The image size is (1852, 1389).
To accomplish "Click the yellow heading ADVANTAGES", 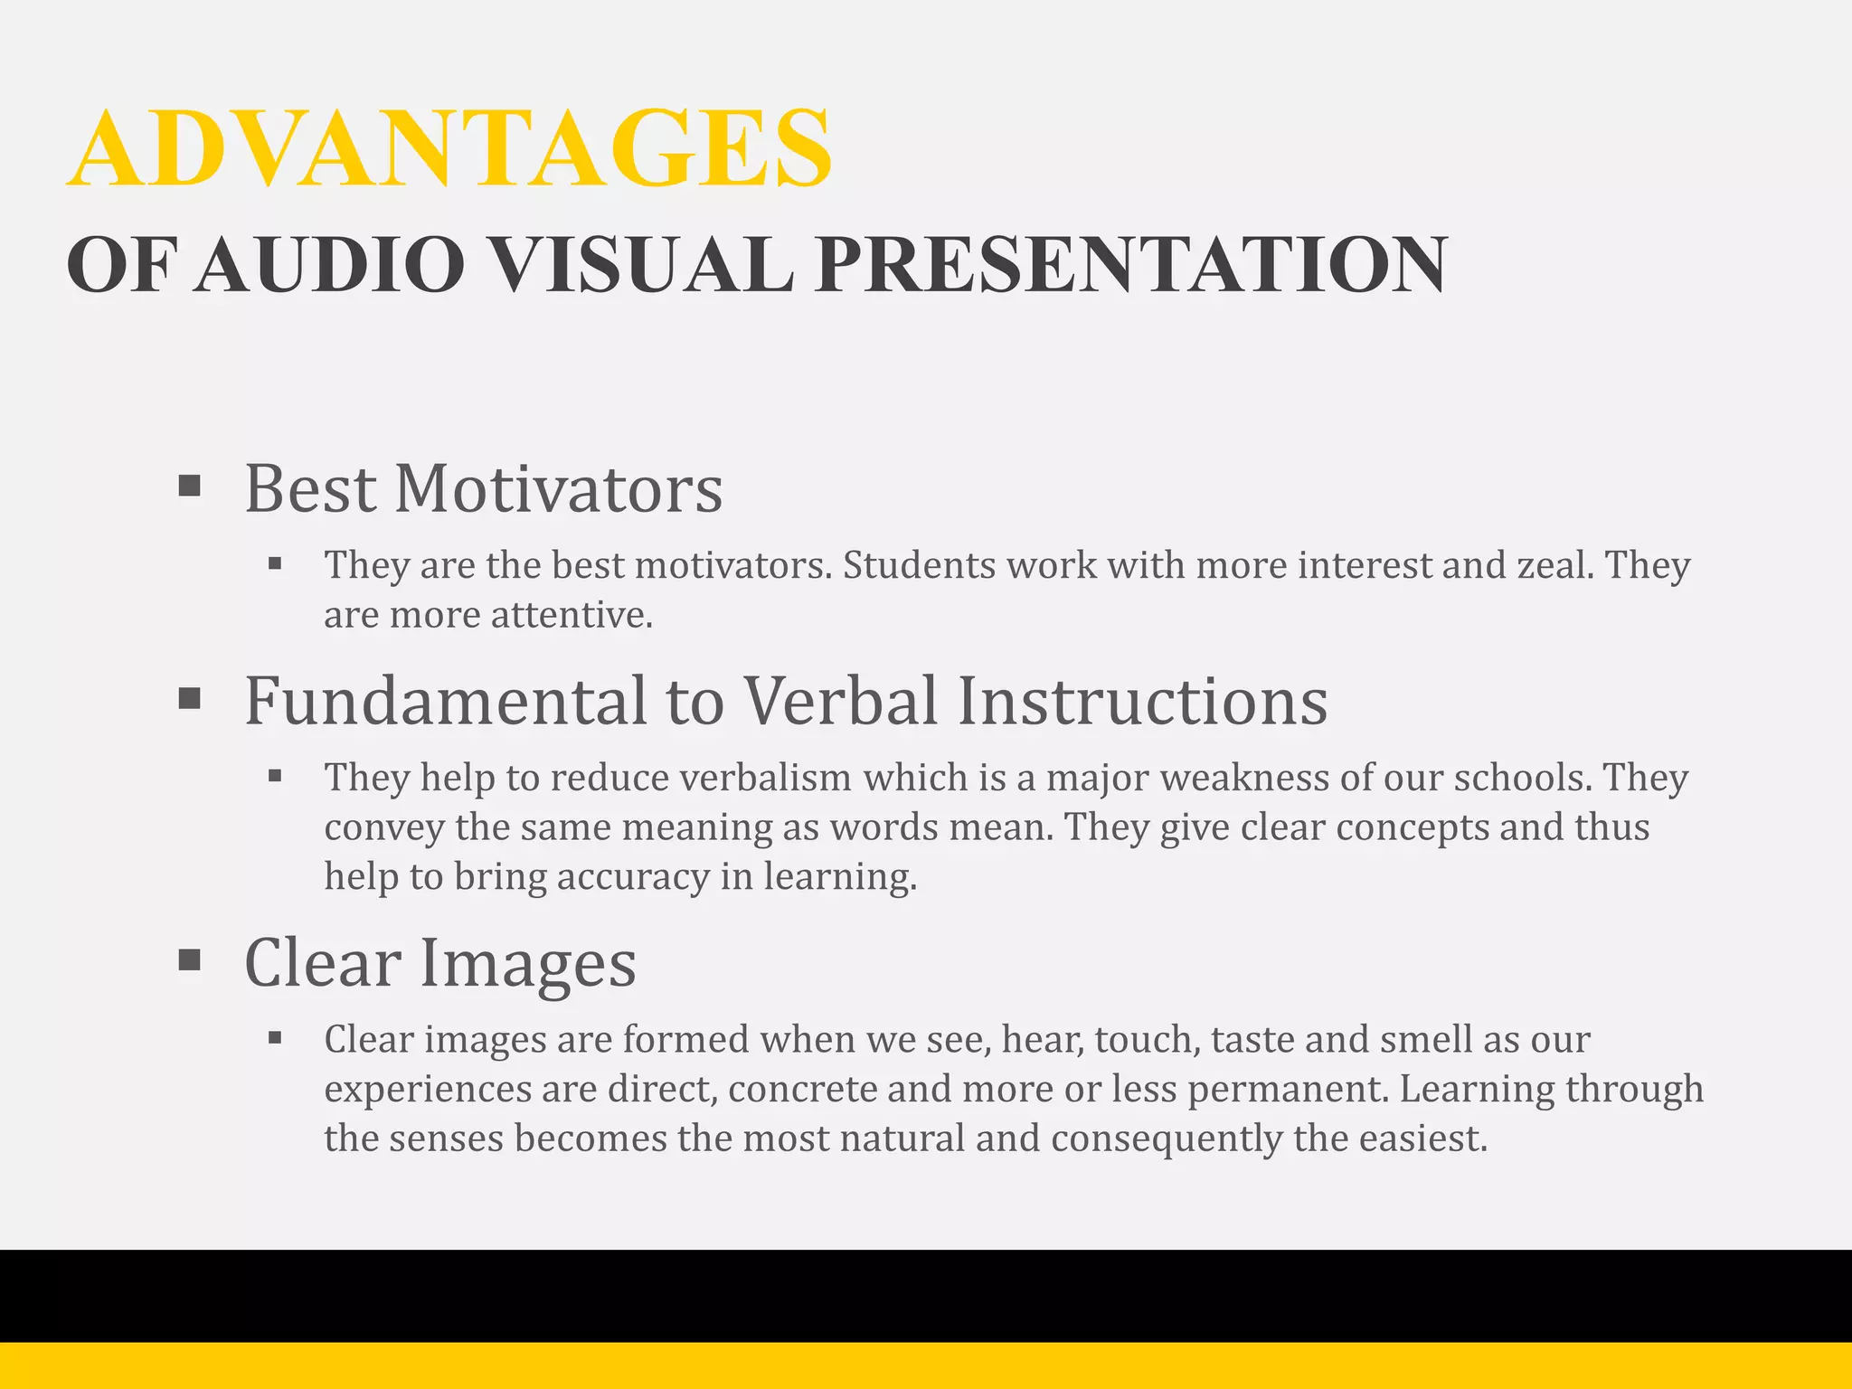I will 449,149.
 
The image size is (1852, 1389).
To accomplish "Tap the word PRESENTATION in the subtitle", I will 1130,264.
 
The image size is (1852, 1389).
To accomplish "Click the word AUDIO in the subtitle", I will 330,264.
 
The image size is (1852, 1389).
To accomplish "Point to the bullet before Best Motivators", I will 189,487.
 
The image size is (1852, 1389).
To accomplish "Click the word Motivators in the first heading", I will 558,489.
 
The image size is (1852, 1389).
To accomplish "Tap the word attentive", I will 571,615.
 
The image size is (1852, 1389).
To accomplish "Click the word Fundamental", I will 446,701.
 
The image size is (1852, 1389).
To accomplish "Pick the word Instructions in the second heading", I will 1142,701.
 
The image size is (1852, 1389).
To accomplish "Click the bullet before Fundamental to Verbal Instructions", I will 189,698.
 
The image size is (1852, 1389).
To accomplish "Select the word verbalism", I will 765,778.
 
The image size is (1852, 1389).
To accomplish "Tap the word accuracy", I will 633,877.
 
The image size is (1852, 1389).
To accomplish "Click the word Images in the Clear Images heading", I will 528,963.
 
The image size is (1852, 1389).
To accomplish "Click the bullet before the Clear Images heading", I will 189,959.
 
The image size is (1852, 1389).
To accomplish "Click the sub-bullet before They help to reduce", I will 276,776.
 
